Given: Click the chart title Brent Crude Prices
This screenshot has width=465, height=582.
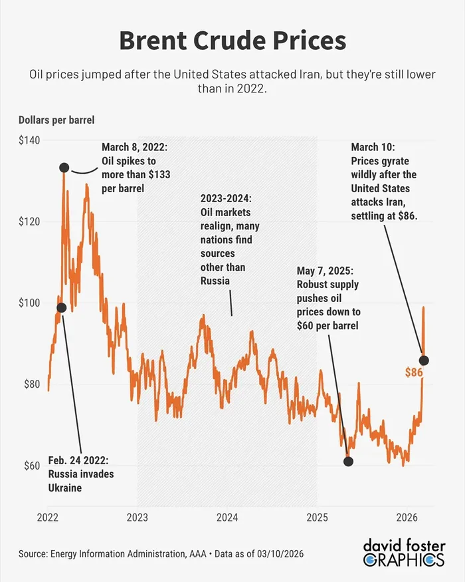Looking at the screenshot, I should point(232,41).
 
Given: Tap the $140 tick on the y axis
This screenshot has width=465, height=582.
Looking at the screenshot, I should point(29,140).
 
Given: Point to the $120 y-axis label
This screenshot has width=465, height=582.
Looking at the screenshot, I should point(29,221).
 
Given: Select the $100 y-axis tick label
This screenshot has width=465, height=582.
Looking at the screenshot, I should point(29,303).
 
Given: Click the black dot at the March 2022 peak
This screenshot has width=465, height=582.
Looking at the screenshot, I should point(64,168).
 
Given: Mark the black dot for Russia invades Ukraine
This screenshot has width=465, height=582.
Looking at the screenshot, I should point(62,307).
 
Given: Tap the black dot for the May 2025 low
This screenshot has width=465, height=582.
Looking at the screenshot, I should point(348,461).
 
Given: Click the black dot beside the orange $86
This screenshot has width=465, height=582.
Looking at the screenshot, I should point(424,361).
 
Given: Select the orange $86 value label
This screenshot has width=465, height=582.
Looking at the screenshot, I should point(414,372).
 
